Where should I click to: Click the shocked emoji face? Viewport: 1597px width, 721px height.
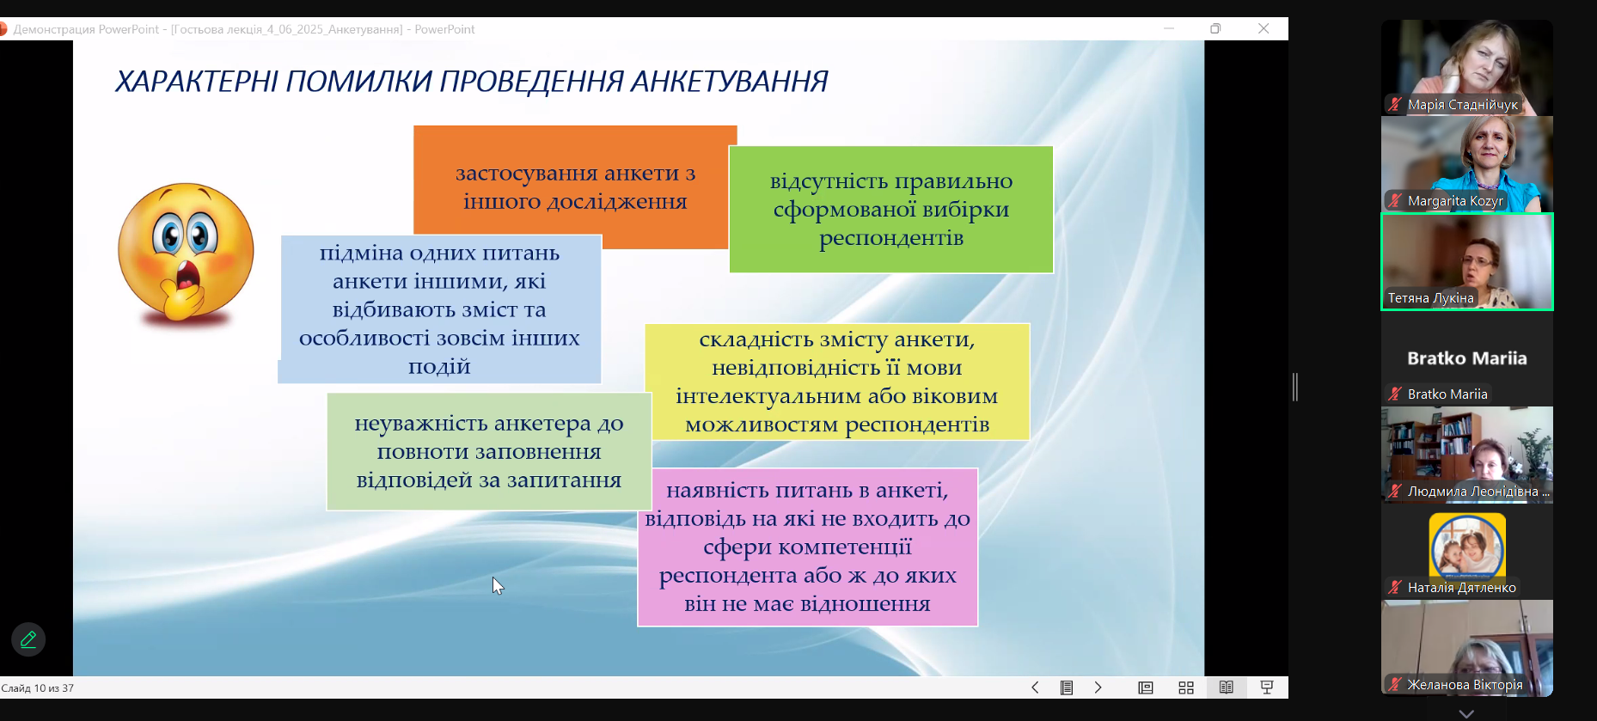point(186,253)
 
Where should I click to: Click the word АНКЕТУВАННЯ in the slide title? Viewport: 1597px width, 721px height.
point(729,82)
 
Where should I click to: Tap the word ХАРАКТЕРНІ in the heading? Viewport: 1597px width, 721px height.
point(197,82)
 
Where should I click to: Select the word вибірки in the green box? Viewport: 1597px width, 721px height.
point(965,210)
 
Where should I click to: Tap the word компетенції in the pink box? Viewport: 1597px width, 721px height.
point(807,547)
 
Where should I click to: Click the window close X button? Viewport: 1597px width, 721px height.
point(1264,28)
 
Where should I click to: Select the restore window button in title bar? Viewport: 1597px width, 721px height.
point(1215,28)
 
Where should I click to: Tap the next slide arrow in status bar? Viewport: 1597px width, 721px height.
point(1098,687)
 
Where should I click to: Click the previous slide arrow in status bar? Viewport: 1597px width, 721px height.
point(1035,687)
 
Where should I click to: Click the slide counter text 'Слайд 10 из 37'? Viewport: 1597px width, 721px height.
point(38,688)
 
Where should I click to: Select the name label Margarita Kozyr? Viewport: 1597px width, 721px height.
point(1455,201)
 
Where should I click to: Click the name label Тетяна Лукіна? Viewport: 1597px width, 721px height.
point(1430,298)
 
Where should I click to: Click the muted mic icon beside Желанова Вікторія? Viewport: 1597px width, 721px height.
point(1394,685)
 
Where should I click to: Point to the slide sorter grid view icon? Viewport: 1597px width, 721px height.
point(1186,687)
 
